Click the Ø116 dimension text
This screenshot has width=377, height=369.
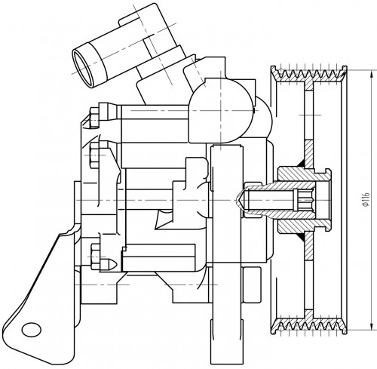click(x=366, y=199)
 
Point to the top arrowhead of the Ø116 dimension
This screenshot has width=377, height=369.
click(x=371, y=75)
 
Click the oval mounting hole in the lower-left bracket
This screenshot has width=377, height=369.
click(x=32, y=329)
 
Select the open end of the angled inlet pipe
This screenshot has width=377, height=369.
click(x=82, y=68)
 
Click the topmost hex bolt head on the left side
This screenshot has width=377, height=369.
click(x=94, y=118)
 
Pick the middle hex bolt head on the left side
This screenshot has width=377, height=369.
click(x=94, y=155)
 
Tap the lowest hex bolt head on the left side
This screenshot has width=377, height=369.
click(x=96, y=257)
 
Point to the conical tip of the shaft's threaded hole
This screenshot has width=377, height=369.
click(x=239, y=200)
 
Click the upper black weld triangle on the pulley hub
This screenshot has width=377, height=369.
click(x=301, y=164)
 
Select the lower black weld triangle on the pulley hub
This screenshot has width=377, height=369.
click(x=301, y=236)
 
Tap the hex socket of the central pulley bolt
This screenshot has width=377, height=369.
click(x=304, y=200)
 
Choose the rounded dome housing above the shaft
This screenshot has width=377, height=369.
click(x=221, y=111)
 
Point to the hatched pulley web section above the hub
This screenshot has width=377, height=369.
click(x=308, y=154)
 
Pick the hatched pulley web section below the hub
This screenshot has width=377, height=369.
click(x=308, y=246)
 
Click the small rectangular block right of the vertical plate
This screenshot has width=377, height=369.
click(x=251, y=284)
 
